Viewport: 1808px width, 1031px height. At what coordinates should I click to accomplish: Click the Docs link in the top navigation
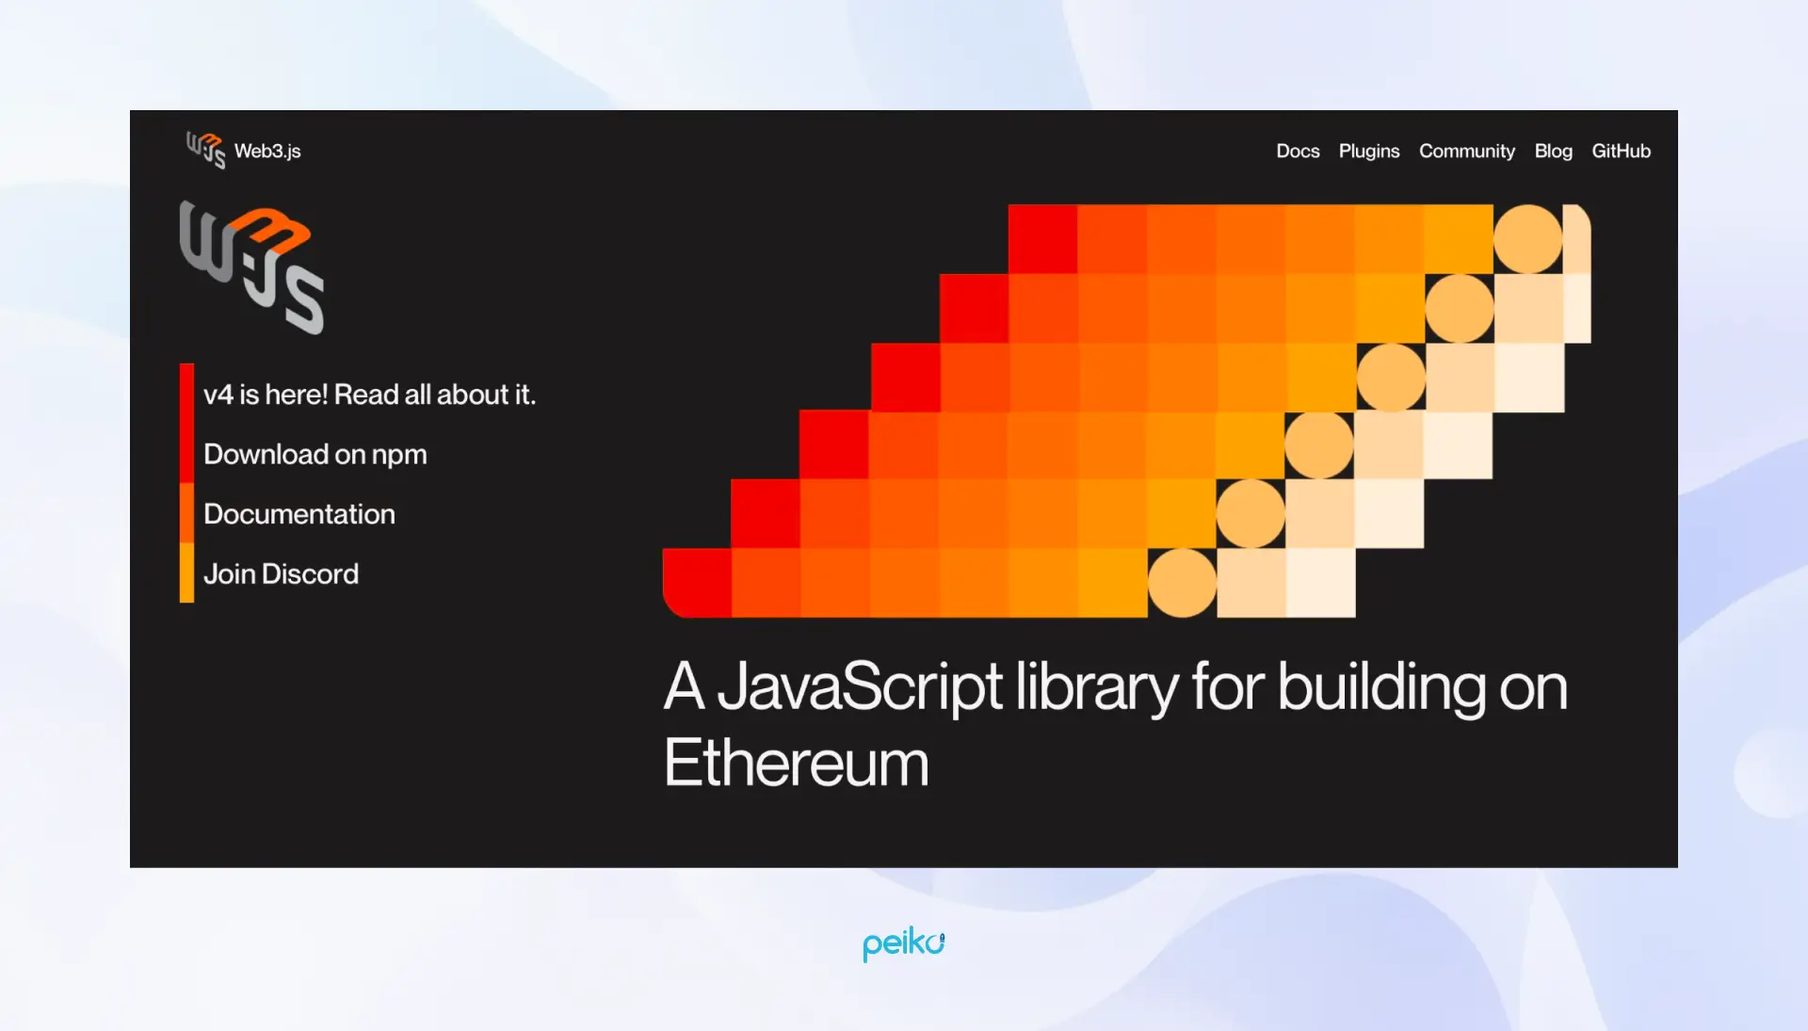coord(1298,151)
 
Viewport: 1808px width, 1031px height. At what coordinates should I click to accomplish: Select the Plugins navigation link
coord(1369,151)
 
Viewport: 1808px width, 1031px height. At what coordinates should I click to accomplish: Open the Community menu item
coord(1466,151)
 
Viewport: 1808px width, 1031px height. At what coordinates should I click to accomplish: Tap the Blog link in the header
coord(1553,151)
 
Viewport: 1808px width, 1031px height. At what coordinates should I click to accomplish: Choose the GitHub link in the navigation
coord(1621,151)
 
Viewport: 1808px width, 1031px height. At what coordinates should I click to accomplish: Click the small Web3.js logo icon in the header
coord(205,150)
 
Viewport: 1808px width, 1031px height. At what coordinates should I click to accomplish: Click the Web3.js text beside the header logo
coord(267,151)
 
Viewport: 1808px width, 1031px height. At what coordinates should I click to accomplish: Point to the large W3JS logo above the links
coord(251,267)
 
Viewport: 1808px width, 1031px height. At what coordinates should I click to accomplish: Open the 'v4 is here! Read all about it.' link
coord(369,395)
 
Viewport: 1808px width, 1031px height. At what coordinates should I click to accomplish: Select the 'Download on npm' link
coord(315,455)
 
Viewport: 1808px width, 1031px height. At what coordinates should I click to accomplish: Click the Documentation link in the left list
coord(299,514)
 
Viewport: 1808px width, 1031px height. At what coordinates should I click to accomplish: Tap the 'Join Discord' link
coord(281,574)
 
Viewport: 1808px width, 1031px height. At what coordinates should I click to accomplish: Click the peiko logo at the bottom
coord(903,943)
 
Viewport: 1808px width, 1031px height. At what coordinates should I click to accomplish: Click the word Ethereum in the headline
coord(796,763)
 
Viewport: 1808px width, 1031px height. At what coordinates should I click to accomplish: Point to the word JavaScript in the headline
coord(860,686)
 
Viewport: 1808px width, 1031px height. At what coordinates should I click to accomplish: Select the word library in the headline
coord(1096,686)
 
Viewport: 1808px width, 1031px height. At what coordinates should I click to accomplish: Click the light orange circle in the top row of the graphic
coord(1527,239)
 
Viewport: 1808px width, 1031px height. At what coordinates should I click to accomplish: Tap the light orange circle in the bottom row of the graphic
coord(1182,583)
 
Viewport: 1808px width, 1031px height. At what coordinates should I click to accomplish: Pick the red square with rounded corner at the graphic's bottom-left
coord(697,583)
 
